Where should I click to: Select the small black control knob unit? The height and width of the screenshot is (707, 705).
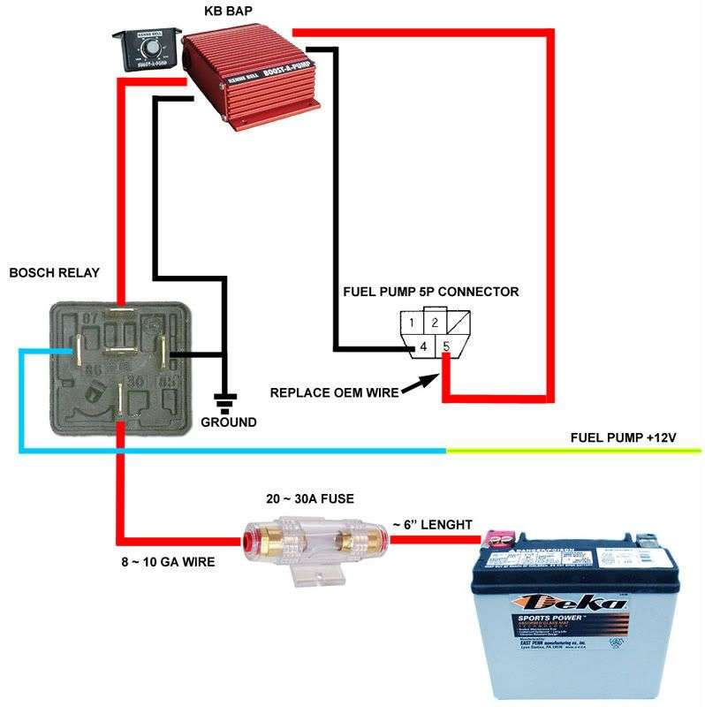tap(147, 50)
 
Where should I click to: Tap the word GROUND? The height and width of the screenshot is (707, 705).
tap(228, 422)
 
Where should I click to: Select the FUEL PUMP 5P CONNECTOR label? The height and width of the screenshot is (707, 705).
tap(430, 291)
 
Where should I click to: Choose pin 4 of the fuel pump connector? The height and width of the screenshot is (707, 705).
tap(423, 347)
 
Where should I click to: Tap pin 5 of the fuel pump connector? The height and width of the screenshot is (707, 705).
tap(446, 347)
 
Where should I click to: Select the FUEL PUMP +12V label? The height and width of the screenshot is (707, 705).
tap(623, 437)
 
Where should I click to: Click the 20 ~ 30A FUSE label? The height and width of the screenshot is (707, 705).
tap(310, 498)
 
